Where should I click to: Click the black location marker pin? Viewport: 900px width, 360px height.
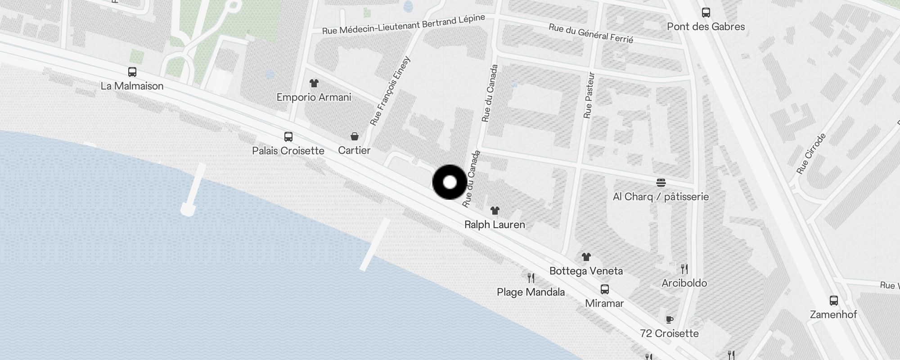[450, 182]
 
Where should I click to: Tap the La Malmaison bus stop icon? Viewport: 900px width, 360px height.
[132, 72]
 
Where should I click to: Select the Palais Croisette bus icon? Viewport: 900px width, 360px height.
[288, 137]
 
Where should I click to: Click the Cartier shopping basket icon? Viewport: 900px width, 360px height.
[355, 136]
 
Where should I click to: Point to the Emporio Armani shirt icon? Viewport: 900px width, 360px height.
[314, 83]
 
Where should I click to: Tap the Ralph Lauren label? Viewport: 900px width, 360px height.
[495, 225]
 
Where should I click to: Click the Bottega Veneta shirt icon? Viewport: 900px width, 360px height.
[586, 257]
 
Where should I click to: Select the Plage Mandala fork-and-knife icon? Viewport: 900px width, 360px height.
[531, 278]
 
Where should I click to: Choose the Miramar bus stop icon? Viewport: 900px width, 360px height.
[605, 289]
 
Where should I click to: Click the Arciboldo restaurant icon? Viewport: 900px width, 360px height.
[684, 269]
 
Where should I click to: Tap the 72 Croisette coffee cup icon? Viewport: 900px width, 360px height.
[670, 319]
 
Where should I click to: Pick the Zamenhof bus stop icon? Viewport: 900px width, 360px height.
[833, 301]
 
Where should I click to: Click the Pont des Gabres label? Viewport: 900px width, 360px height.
[706, 27]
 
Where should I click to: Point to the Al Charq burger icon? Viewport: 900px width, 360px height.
[661, 183]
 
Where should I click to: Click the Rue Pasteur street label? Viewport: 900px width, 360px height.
[589, 95]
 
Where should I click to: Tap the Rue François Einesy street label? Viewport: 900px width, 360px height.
[390, 90]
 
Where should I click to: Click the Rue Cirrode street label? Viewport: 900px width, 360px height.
[811, 153]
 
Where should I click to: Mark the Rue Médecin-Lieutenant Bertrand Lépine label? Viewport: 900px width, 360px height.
[404, 24]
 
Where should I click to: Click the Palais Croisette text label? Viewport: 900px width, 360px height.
[288, 151]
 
